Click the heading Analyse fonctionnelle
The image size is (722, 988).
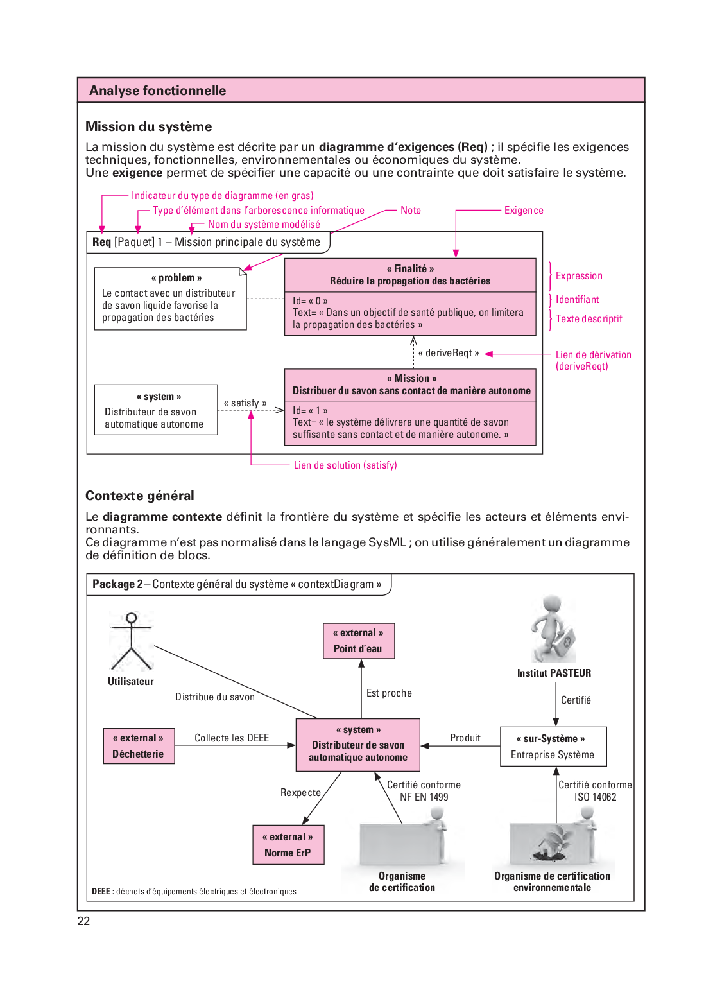point(157,91)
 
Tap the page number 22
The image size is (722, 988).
point(83,921)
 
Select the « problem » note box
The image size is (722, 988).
point(170,299)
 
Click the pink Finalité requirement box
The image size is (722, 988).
point(410,297)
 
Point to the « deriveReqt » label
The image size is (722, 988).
point(449,353)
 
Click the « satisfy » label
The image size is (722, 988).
point(245,403)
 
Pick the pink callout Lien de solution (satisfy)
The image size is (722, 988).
point(345,465)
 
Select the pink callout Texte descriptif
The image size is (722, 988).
point(589,318)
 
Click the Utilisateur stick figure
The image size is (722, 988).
point(131,641)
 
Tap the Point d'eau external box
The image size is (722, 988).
point(358,641)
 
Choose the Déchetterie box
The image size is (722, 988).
point(139,746)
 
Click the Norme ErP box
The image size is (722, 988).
point(288,845)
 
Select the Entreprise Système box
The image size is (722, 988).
point(553,747)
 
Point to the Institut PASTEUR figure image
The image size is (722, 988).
point(554,629)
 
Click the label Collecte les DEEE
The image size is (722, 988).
point(232,738)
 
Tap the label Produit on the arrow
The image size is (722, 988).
point(465,738)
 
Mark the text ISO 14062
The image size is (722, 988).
point(595,797)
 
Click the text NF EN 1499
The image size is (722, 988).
point(424,797)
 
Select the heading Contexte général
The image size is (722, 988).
point(140,496)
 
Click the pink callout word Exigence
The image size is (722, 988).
point(524,211)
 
